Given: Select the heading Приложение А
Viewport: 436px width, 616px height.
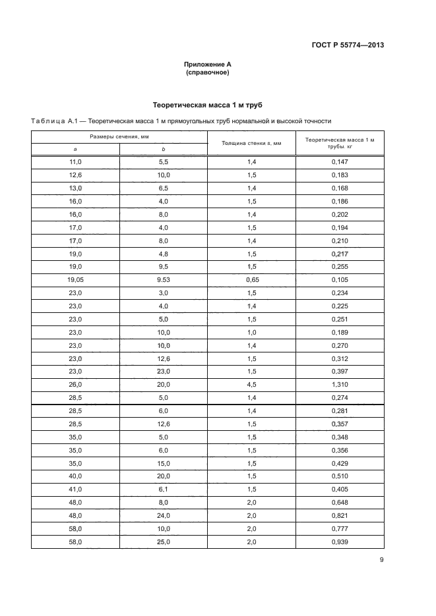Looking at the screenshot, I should point(208,65).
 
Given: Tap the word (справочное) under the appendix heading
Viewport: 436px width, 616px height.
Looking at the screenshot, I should point(208,72).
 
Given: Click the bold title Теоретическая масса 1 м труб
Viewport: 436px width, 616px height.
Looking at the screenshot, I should point(208,105).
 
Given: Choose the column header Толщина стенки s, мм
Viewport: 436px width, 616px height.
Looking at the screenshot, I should point(251,143).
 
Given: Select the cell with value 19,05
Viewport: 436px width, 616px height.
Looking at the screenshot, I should point(75,280).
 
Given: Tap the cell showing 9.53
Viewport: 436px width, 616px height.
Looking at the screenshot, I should point(164,280).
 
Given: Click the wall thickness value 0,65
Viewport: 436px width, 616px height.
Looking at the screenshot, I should point(251,280).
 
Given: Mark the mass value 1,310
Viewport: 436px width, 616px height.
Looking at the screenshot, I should point(340,385).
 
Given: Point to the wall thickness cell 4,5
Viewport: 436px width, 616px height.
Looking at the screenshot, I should point(251,385).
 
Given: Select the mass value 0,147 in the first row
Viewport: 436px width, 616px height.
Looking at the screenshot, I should point(340,162).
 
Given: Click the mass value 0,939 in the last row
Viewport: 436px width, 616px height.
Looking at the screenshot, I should point(340,542).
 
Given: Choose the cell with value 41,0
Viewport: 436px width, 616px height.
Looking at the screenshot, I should point(75,490).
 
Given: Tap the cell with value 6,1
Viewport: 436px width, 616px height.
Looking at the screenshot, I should point(164,490).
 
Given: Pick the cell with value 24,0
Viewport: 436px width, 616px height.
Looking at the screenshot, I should point(164,516).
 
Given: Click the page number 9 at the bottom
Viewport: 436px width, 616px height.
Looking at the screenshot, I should point(382,561).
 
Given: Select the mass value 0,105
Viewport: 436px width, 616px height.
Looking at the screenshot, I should point(340,280).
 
